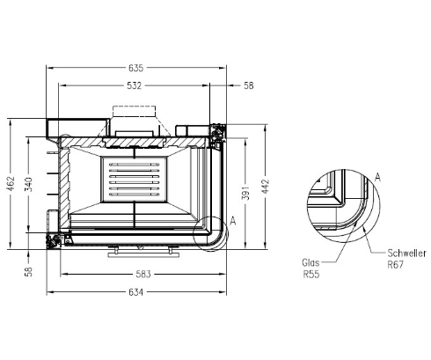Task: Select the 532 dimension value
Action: [135, 85]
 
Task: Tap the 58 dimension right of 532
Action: [248, 85]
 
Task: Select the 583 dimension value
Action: [144, 275]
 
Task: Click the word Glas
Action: [310, 261]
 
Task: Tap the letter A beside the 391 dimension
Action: [232, 219]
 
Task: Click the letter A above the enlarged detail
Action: [376, 177]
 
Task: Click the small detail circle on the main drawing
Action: [209, 233]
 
